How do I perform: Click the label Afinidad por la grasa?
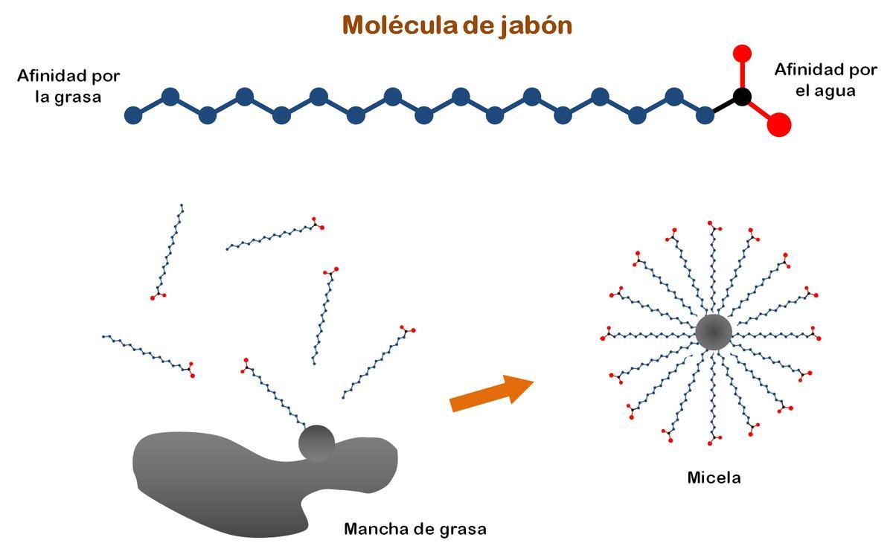pyautogui.click(x=68, y=86)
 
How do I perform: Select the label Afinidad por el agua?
pyautogui.click(x=825, y=80)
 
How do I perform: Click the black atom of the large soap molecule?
pyautogui.click(x=741, y=96)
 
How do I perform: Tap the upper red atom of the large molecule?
pyautogui.click(x=742, y=53)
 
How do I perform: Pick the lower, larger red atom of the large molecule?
pyautogui.click(x=778, y=124)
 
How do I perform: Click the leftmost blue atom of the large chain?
pyautogui.click(x=133, y=115)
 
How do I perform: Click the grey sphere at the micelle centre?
pyautogui.click(x=714, y=332)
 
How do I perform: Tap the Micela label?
pyautogui.click(x=714, y=478)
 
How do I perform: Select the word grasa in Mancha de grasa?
pyautogui.click(x=461, y=529)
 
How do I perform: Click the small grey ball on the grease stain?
pyautogui.click(x=316, y=443)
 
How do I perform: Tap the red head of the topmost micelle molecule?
pyautogui.click(x=714, y=225)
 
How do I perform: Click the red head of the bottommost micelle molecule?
pyautogui.click(x=714, y=440)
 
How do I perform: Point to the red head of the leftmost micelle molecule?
pyautogui.click(x=605, y=332)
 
